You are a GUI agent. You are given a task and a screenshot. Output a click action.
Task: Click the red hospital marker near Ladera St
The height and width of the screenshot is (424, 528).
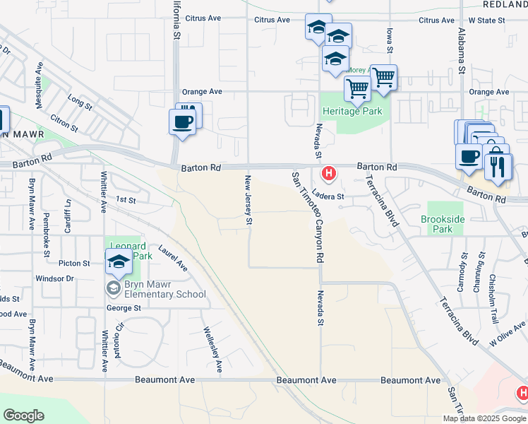pos(328,173)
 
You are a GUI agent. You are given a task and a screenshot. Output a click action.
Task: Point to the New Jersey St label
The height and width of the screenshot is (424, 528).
pos(248,201)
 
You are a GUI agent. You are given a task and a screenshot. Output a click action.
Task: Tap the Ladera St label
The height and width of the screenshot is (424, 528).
pos(328,196)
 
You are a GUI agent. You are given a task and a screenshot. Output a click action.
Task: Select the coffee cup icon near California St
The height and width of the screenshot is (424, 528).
pos(182,122)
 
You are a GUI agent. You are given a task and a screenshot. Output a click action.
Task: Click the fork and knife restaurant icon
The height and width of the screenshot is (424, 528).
pos(499,167)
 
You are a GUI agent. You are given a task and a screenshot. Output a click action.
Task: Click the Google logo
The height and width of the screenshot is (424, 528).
pos(24,416)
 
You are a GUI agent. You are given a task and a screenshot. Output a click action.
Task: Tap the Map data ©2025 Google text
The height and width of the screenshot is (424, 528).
pos(485,418)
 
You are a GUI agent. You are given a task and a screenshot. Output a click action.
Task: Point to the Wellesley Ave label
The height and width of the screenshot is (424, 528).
pos(213,349)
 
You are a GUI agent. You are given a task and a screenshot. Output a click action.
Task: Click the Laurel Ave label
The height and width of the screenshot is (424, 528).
pos(173,258)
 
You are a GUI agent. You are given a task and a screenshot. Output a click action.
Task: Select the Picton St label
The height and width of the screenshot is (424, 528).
pos(75,263)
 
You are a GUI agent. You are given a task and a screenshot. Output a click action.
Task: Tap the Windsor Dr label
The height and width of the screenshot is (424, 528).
pos(54,278)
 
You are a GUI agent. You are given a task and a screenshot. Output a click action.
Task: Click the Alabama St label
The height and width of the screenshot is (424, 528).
pos(462,49)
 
